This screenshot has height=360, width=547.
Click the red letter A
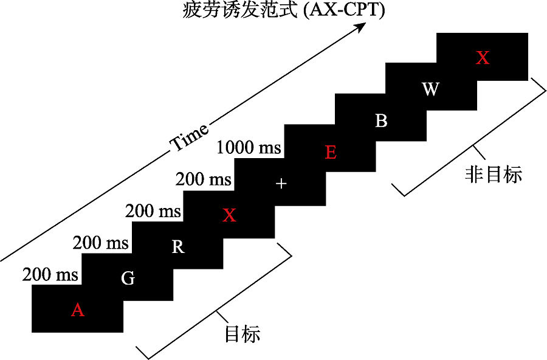tap(77, 310)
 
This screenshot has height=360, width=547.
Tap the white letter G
tap(128, 279)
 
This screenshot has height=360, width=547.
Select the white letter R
tap(178, 247)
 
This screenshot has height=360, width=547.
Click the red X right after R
tap(229, 215)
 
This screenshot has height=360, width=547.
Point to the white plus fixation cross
tap(280, 184)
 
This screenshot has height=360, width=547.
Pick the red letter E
tap(331, 152)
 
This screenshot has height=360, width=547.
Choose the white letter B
tap(381, 121)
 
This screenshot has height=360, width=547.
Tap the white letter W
tap(430, 89)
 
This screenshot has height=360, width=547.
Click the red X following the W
tap(482, 58)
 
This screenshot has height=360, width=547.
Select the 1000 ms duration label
tap(249, 147)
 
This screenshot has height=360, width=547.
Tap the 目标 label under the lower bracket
tap(243, 334)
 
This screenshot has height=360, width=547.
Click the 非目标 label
tap(494, 175)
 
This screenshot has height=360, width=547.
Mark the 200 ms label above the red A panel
tap(51, 274)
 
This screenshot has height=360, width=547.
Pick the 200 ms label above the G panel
tap(101, 243)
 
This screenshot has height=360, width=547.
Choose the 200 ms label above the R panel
tap(153, 211)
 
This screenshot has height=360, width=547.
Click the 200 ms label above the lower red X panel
tap(204, 179)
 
